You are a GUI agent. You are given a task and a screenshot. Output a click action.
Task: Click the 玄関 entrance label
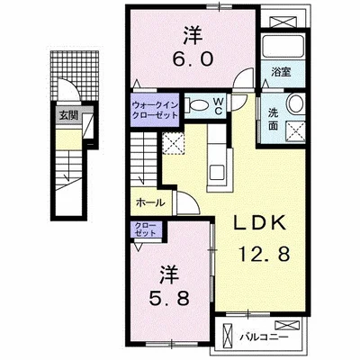(x=68, y=115)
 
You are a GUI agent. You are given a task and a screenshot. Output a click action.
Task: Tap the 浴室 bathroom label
(x=281, y=72)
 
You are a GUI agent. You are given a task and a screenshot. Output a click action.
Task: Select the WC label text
(x=218, y=106)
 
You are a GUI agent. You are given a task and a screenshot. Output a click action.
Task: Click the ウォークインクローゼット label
(x=155, y=110)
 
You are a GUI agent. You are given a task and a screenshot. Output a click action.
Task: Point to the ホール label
(x=150, y=203)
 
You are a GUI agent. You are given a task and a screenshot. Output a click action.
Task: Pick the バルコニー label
(x=264, y=337)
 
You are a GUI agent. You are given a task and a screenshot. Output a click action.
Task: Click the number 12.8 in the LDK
(x=265, y=255)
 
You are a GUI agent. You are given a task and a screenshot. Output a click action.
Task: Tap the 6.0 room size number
(x=193, y=59)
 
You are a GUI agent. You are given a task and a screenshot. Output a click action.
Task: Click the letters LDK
(x=259, y=223)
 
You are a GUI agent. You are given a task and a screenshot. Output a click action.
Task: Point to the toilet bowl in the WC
(x=199, y=105)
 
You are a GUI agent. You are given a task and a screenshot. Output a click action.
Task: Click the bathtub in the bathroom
(x=282, y=47)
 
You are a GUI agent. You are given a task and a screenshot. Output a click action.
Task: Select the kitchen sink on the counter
(x=217, y=172)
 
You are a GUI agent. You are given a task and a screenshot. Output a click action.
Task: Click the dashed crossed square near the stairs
(x=173, y=143)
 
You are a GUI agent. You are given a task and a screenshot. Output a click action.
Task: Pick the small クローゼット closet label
(x=146, y=229)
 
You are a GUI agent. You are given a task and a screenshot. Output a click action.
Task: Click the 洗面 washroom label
(x=273, y=120)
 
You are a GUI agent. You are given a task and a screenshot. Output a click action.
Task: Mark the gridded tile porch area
(x=75, y=76)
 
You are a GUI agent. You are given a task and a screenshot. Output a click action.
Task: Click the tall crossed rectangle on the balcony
(x=227, y=336)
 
